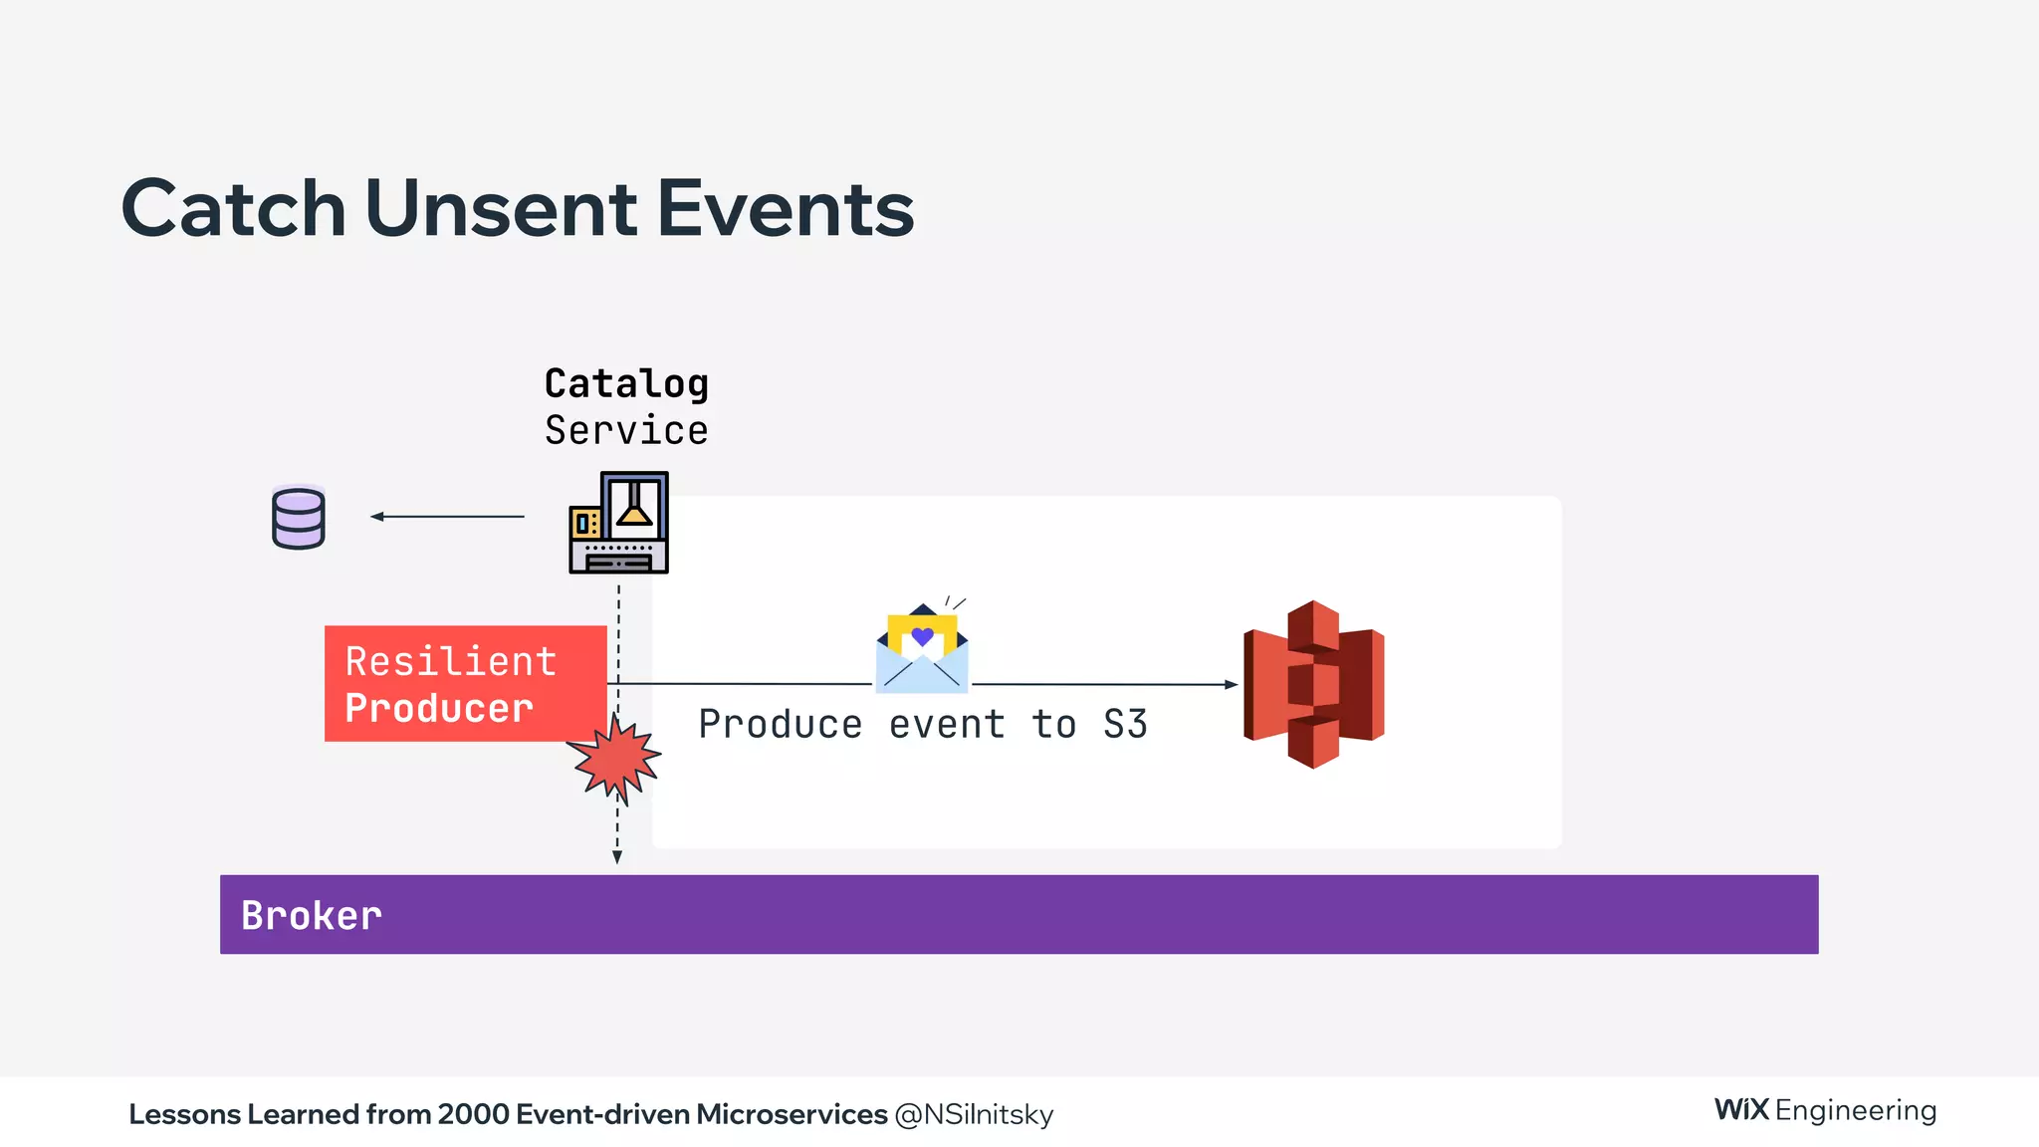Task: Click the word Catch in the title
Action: pyautogui.click(x=233, y=209)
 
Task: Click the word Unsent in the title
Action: pyautogui.click(x=501, y=209)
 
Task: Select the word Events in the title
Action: pyautogui.click(x=785, y=209)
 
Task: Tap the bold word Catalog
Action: pyautogui.click(x=626, y=384)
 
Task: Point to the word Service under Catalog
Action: pyautogui.click(x=626, y=431)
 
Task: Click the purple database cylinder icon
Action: pyautogui.click(x=299, y=517)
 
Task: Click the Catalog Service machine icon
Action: pyautogui.click(x=618, y=523)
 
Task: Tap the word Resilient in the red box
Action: pyautogui.click(x=450, y=662)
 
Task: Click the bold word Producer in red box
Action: pyautogui.click(x=439, y=708)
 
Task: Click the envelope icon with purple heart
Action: pyautogui.click(x=922, y=649)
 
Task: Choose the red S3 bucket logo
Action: pyautogui.click(x=1313, y=684)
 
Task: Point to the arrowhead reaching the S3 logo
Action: pyautogui.click(x=1232, y=685)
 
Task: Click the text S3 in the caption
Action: pyautogui.click(x=1125, y=725)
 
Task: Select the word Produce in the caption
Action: pyautogui.click(x=780, y=725)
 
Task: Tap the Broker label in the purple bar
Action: pyautogui.click(x=311, y=916)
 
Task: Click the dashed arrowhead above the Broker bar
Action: pyautogui.click(x=617, y=857)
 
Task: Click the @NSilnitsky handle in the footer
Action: pyautogui.click(x=974, y=1114)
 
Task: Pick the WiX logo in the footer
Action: pyautogui.click(x=1741, y=1109)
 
